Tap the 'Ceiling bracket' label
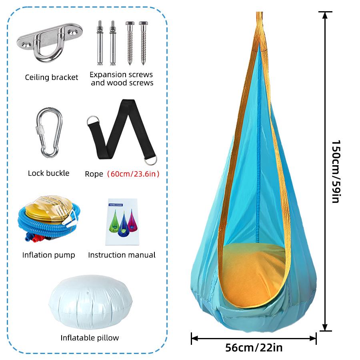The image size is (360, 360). (x=52, y=77)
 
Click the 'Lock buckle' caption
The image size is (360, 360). (x=48, y=173)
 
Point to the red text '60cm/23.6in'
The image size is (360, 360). (x=133, y=174)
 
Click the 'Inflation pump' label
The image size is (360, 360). (x=48, y=255)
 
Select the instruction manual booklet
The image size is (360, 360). (x=122, y=222)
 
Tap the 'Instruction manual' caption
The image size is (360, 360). (x=122, y=255)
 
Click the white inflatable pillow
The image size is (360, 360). (x=90, y=302)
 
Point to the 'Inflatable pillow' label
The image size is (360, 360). (x=90, y=338)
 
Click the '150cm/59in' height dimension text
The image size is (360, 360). (x=336, y=172)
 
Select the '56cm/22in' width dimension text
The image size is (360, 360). (x=254, y=348)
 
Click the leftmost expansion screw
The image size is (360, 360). (x=100, y=43)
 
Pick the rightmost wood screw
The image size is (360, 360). (x=143, y=43)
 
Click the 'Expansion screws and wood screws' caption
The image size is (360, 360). (x=122, y=78)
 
